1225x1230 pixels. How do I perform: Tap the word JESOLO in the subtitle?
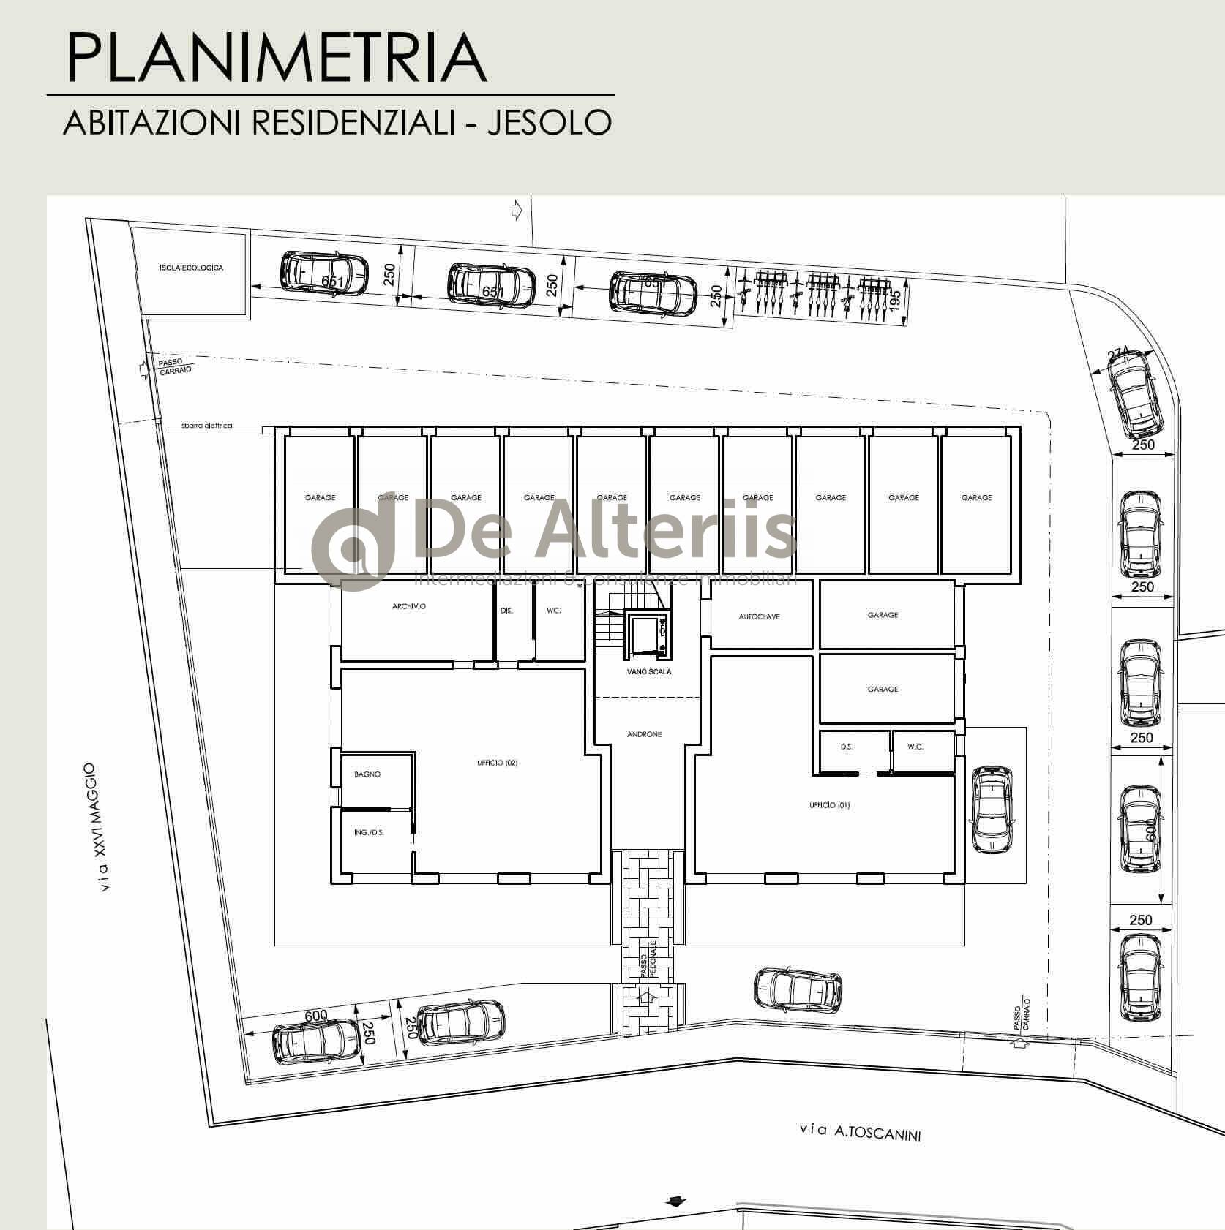550,122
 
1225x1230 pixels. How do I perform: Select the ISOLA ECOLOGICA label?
191,268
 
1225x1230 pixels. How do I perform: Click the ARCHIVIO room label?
409,606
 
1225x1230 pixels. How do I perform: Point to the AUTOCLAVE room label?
759,616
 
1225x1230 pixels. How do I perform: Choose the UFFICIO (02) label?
497,763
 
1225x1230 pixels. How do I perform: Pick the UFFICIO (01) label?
829,805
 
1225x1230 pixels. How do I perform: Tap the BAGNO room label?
367,774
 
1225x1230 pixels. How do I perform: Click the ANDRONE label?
644,734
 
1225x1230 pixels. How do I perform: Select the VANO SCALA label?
648,671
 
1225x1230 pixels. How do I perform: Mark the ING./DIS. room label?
369,832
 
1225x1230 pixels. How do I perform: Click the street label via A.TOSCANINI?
861,1132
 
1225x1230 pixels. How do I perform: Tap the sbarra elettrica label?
207,426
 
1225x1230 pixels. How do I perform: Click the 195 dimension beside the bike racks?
895,301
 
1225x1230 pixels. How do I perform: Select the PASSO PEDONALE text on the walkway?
648,959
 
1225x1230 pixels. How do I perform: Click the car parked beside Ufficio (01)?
992,810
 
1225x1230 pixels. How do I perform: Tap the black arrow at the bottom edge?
676,1201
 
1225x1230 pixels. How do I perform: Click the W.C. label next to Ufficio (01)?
915,747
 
